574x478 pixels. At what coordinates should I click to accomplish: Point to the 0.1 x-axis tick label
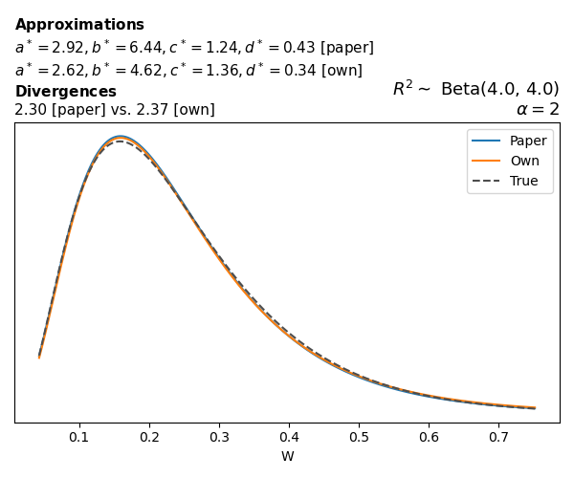click(79, 436)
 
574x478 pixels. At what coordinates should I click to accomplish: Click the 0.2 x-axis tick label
click(149, 436)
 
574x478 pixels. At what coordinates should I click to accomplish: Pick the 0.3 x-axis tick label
click(219, 436)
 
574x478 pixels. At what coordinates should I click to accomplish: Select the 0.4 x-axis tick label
click(289, 436)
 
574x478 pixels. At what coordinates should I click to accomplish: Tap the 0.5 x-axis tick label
click(359, 436)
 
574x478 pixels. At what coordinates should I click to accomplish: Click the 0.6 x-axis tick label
click(429, 436)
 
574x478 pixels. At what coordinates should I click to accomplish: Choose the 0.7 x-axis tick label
click(498, 436)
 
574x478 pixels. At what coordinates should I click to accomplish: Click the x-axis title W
click(287, 456)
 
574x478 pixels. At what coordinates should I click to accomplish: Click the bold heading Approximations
click(79, 25)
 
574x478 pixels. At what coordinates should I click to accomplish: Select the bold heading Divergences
click(65, 92)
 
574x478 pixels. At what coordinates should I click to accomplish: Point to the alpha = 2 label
click(538, 109)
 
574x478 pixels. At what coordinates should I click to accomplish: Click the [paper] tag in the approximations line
click(346, 48)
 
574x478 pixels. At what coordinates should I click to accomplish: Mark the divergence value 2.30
click(30, 110)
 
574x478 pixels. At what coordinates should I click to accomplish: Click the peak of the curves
click(121, 138)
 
